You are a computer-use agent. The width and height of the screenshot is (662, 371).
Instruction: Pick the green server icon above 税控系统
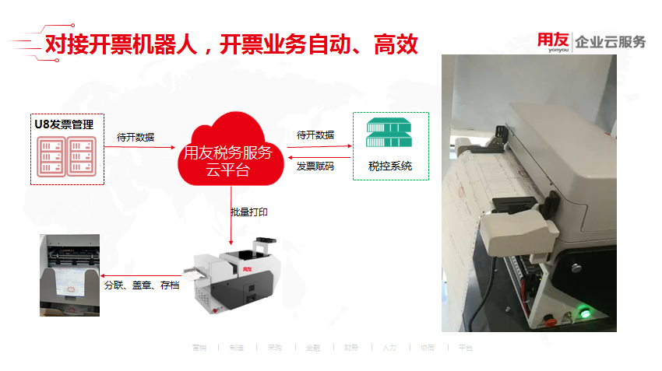click(390, 135)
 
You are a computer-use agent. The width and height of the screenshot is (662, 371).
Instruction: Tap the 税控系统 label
click(390, 166)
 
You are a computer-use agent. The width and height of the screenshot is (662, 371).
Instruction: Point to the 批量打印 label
click(249, 212)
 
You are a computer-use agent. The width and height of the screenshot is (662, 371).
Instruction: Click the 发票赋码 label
click(315, 166)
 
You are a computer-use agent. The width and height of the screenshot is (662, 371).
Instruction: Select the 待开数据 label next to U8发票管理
click(136, 137)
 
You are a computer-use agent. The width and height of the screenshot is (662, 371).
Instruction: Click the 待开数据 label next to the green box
click(315, 135)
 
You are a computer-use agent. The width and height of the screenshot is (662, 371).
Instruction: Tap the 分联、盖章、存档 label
click(142, 285)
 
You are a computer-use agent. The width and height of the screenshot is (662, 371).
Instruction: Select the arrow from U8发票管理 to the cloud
click(140, 146)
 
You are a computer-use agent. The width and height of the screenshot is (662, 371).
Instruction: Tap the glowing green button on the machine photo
click(583, 314)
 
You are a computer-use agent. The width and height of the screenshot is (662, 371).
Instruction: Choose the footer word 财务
click(351, 348)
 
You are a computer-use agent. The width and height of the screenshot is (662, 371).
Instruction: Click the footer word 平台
click(465, 348)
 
